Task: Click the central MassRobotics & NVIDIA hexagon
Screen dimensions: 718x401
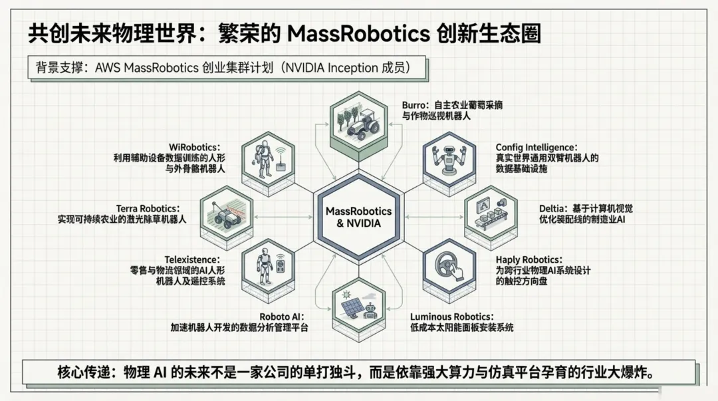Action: (x=359, y=217)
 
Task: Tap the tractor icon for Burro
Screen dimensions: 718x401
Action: (x=360, y=124)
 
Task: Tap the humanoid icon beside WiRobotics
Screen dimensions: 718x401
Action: (x=268, y=160)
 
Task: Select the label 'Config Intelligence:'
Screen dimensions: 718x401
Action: (x=537, y=147)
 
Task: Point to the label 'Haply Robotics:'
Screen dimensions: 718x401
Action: (x=529, y=259)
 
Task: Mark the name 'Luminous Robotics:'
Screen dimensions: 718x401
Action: (x=451, y=317)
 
